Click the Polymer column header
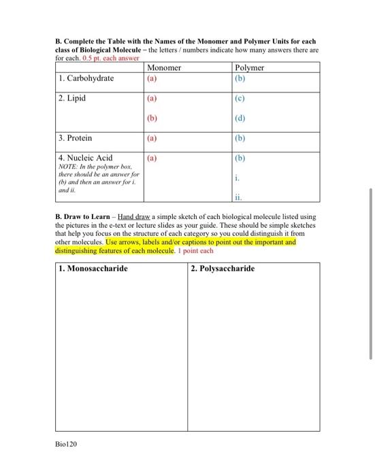pos(249,68)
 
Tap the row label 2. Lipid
pos(72,99)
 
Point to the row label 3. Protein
pos(76,138)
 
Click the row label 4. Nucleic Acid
pos(85,158)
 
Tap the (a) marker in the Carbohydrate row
pos(152,79)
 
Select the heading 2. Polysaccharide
pos(223,269)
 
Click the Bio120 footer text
pos(67,443)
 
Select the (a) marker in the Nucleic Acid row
pos(152,158)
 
